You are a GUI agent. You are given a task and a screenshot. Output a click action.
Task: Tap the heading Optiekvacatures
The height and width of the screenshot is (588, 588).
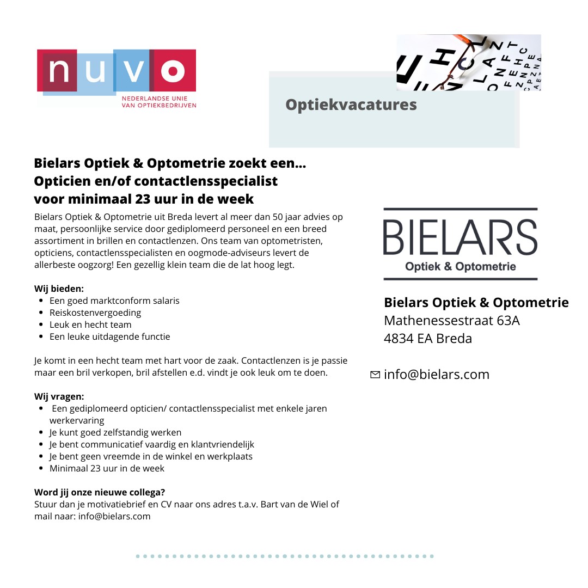click(351, 105)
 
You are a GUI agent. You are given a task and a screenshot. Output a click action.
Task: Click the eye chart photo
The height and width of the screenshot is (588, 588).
click(468, 62)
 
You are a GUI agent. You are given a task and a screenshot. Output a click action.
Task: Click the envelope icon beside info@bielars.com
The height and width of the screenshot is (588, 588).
click(375, 375)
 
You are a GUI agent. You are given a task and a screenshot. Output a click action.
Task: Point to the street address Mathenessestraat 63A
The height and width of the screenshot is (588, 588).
click(451, 321)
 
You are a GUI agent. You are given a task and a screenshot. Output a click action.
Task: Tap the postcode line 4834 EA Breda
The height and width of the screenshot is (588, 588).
click(427, 339)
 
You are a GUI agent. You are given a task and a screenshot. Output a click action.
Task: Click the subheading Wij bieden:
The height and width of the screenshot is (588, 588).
click(59, 289)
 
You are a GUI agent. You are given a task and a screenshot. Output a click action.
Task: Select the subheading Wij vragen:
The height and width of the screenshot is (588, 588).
click(59, 396)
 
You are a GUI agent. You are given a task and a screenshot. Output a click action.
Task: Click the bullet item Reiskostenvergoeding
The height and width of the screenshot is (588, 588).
click(95, 313)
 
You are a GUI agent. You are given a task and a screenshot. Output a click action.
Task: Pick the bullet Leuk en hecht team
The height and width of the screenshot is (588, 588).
click(90, 324)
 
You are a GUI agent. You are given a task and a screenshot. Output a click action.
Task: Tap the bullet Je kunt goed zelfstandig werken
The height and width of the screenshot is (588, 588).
click(115, 432)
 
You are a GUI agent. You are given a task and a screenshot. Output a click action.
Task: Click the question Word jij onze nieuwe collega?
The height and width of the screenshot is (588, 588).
click(100, 493)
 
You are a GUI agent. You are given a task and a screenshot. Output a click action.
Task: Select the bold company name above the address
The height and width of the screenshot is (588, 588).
click(476, 302)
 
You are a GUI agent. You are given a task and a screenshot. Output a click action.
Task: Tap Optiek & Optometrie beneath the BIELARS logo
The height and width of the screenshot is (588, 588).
click(460, 267)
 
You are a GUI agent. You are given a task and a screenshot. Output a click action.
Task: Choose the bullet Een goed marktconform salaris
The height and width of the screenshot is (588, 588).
click(114, 301)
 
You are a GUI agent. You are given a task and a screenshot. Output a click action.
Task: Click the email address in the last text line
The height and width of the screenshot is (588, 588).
click(114, 516)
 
